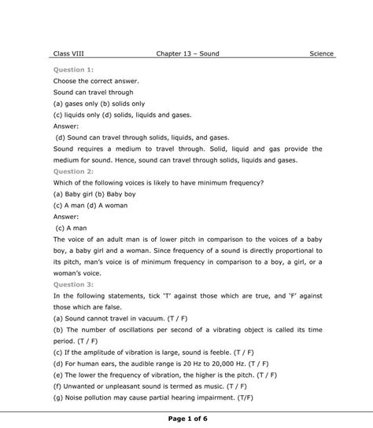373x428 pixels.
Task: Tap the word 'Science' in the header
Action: point(321,54)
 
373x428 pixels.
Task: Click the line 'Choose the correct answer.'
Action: point(97,80)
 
